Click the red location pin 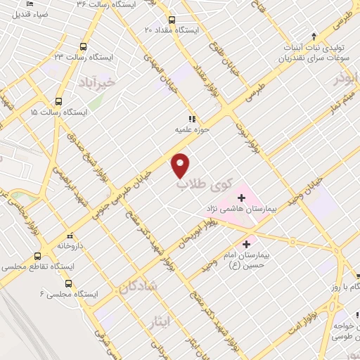tap(181, 165)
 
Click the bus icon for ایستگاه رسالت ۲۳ tap(85, 46)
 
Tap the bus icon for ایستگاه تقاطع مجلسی tap(39, 257)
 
